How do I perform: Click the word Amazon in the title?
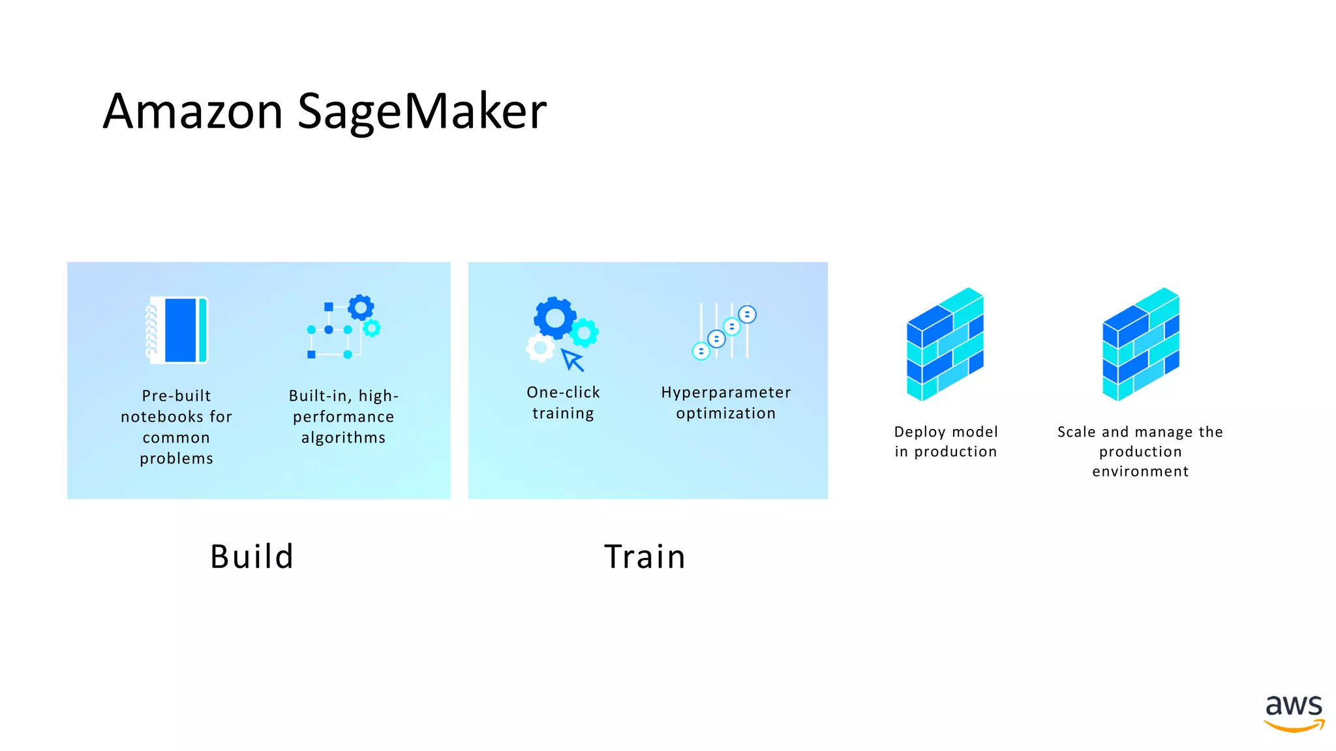[x=192, y=111]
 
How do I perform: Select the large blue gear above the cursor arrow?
[x=554, y=318]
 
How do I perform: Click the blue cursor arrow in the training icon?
[x=573, y=359]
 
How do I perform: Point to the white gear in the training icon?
[x=540, y=349]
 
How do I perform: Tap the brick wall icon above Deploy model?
[x=945, y=344]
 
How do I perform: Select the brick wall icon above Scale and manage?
[x=1141, y=344]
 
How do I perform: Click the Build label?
[x=252, y=557]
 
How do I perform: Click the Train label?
[x=645, y=557]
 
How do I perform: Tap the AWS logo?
[x=1294, y=713]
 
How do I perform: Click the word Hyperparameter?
[x=725, y=392]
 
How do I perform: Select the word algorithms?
[x=343, y=438]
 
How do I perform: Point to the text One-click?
[x=563, y=392]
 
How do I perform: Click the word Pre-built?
[x=176, y=396]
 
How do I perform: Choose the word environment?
[x=1140, y=471]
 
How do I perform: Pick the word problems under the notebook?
[x=176, y=458]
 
